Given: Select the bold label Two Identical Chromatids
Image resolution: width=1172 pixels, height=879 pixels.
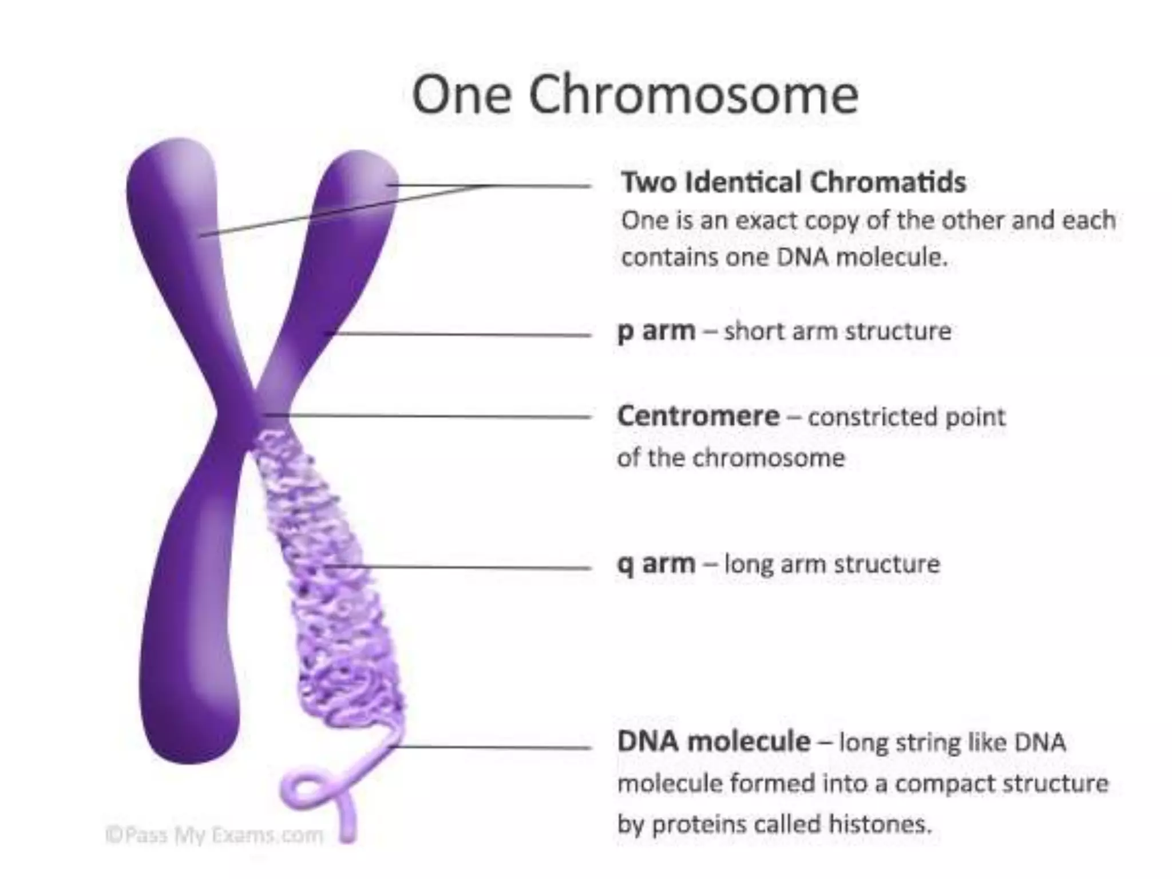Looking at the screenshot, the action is pos(794,183).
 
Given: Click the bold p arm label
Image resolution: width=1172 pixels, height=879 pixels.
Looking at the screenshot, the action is pos(656,331).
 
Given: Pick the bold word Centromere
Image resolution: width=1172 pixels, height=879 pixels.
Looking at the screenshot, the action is pos(698,416).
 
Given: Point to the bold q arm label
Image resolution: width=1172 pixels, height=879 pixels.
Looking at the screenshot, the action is pos(656,564).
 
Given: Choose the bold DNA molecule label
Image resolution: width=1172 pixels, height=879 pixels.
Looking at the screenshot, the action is pos(714,742).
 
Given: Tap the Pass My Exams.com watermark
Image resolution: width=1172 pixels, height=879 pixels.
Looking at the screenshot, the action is pos(215,836).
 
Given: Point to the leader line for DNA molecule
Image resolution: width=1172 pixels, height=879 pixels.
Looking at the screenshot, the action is pos(492,747).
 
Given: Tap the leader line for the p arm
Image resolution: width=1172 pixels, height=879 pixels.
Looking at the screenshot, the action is pos(464,335).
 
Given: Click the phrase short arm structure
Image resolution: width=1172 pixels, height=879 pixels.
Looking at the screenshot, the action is pos(837,331).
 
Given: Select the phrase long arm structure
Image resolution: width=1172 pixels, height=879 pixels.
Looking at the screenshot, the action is pos(832,564).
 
